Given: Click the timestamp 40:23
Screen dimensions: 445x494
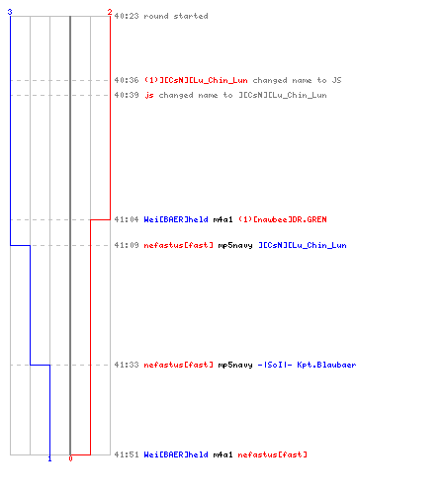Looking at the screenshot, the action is tap(127, 16).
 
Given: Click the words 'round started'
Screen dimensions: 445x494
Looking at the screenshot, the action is tap(176, 16).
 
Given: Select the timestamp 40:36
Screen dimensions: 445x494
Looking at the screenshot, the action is tap(127, 80).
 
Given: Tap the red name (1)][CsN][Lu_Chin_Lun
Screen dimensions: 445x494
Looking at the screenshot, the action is tap(196, 80).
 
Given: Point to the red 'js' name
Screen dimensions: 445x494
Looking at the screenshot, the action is tap(149, 95).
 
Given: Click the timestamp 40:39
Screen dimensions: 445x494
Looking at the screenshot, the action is tap(127, 95).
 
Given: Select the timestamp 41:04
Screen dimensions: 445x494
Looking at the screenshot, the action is tap(127, 219).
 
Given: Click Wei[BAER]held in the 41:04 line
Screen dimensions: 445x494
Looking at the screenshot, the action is tap(176, 219).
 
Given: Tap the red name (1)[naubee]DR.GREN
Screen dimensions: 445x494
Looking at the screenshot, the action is tap(283, 219).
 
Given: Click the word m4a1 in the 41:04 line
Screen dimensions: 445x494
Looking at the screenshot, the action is tap(222, 219).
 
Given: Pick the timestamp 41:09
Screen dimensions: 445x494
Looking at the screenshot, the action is tap(127, 245).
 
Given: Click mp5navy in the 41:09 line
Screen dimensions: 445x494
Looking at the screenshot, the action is tap(235, 245).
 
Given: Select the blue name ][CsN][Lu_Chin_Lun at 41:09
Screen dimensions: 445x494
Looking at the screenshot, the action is tap(303, 245).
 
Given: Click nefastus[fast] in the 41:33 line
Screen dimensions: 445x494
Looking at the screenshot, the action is tap(179, 365).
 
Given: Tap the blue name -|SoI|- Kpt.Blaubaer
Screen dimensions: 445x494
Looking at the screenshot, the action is tap(307, 365).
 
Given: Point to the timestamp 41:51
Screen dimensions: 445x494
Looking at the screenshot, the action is tap(127, 454).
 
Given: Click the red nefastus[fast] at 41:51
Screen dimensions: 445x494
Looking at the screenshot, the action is tap(273, 454).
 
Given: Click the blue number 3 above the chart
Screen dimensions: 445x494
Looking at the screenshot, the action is tap(10, 12).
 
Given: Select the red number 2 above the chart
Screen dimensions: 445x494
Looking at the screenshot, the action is tap(110, 12).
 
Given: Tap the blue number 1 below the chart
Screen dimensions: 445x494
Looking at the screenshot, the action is tap(49, 458).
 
